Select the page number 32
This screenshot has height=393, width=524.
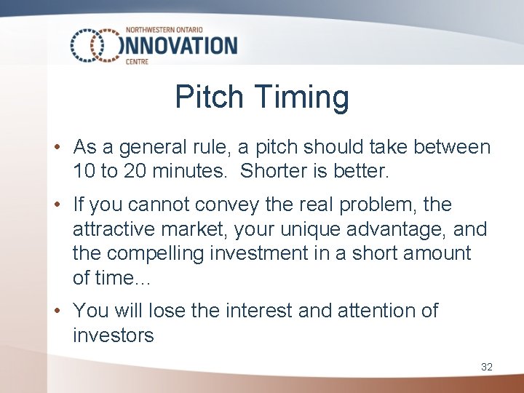487,367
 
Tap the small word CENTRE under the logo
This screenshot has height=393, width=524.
138,62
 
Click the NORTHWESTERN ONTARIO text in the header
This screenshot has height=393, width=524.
164,30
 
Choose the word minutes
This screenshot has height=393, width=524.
193,172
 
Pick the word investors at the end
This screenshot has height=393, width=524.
114,335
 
